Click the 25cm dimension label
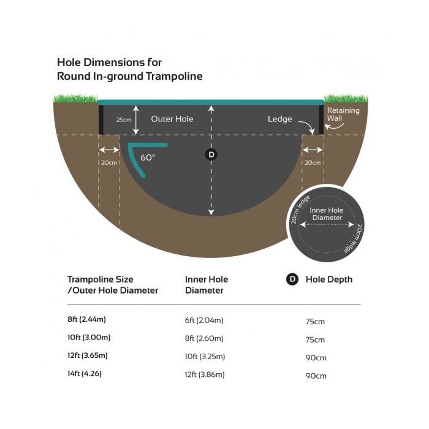[x=124, y=120]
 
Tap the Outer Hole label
[x=172, y=119]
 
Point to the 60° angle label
[x=148, y=158]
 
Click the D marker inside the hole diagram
[x=211, y=154]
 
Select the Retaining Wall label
[x=343, y=115]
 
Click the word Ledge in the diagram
[x=279, y=119]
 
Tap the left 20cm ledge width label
[x=109, y=162]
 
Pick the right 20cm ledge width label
[x=313, y=162]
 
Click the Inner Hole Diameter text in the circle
[x=327, y=214]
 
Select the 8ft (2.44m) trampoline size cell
[x=86, y=319]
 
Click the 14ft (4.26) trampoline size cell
[x=85, y=373]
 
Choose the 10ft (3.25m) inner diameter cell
[x=205, y=357]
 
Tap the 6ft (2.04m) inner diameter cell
[x=204, y=320]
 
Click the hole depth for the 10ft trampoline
[x=315, y=340]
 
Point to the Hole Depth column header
[x=329, y=279]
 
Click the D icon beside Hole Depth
[x=292, y=279]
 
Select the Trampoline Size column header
[x=113, y=285]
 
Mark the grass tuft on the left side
[x=76, y=98]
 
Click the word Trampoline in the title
[x=174, y=76]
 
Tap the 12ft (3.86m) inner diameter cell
[x=205, y=374]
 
